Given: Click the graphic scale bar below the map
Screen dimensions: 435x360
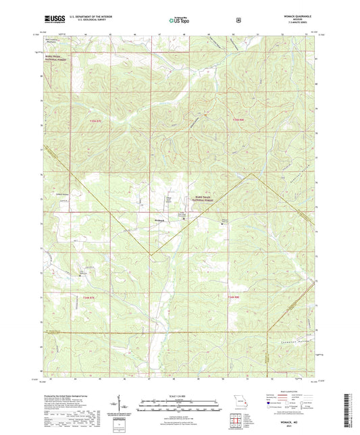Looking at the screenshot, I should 179,406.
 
